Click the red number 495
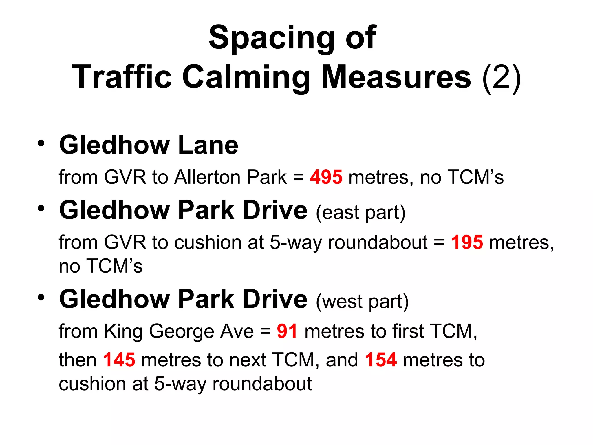[326, 177]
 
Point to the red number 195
[467, 242]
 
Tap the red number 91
[287, 331]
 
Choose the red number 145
[119, 360]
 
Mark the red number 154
[380, 360]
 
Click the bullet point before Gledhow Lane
[41, 144]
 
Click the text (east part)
[360, 212]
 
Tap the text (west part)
[362, 302]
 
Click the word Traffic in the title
[122, 77]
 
